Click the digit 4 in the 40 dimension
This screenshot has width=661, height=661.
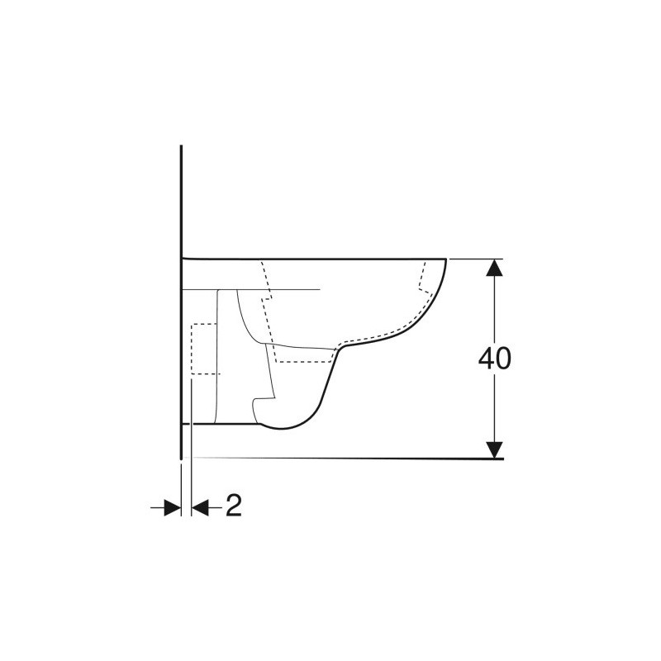click(487, 359)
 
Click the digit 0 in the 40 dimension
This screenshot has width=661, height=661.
click(503, 359)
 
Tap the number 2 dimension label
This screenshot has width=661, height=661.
click(234, 505)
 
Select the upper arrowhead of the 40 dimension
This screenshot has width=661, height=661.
click(494, 267)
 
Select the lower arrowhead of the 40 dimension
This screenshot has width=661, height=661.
click(494, 449)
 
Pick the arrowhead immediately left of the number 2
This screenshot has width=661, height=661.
click(201, 507)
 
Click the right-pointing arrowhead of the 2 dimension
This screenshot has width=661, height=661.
click(173, 507)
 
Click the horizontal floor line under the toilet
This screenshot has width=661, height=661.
click(342, 459)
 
